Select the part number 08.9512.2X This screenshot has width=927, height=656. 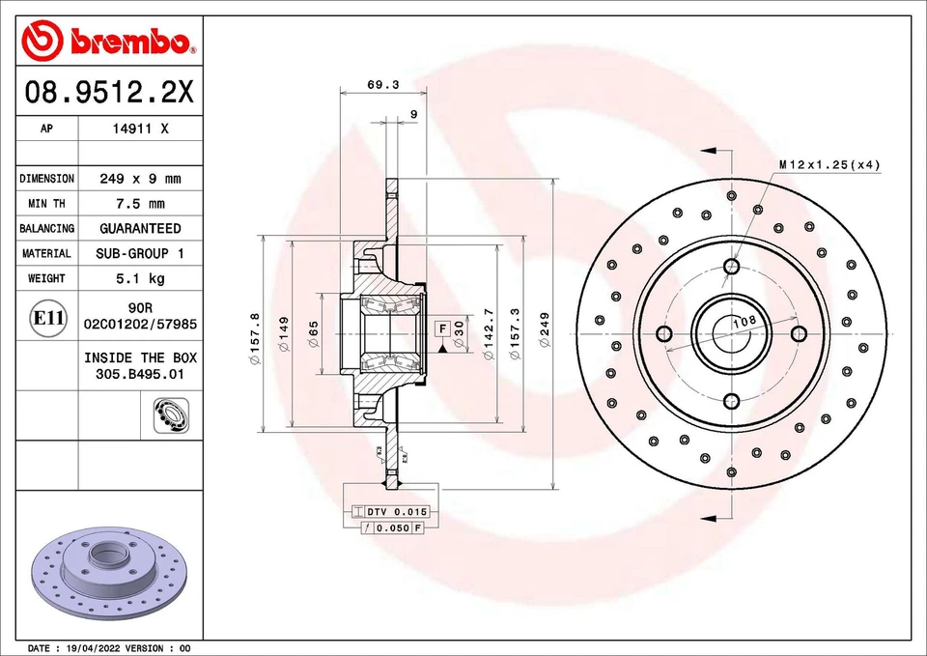click(x=109, y=94)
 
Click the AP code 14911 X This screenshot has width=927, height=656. click(x=140, y=128)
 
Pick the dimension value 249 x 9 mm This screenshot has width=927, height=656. click(x=140, y=179)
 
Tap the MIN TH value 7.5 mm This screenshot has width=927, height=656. click(x=140, y=204)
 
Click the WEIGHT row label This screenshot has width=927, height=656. click(x=46, y=278)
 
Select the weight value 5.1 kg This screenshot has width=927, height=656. click(x=140, y=278)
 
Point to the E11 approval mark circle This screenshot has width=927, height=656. click(x=48, y=318)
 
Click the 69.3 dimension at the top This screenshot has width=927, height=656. click(x=383, y=85)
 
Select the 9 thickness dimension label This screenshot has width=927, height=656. click(x=413, y=114)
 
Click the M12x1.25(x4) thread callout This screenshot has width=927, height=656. click(x=829, y=165)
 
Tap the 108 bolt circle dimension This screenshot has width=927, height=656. click(x=744, y=321)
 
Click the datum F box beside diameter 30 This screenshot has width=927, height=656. click(x=441, y=329)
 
